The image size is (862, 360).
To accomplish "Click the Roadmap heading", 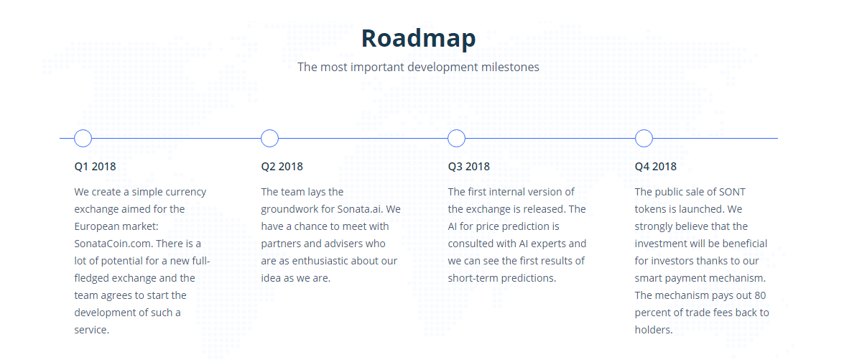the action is pyautogui.click(x=418, y=39).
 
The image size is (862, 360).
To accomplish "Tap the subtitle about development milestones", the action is pyautogui.click(x=418, y=67).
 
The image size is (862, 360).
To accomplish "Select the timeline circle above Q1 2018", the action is pyautogui.click(x=83, y=130).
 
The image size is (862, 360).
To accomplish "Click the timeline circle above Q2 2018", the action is pyautogui.click(x=269, y=130).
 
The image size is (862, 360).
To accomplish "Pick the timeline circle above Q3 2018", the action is pyautogui.click(x=456, y=130).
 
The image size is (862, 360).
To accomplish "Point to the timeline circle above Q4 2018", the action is pyautogui.click(x=644, y=130).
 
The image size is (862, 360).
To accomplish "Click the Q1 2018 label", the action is pyautogui.click(x=95, y=166).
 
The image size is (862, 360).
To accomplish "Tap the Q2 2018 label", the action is pyautogui.click(x=282, y=166).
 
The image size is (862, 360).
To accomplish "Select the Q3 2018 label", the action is pyautogui.click(x=468, y=166).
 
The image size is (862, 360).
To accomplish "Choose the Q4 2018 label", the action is pyautogui.click(x=656, y=166).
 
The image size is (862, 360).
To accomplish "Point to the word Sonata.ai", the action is pyautogui.click(x=360, y=209).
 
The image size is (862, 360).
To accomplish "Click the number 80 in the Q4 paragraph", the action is pyautogui.click(x=760, y=295).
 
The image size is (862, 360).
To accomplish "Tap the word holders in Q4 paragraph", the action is pyautogui.click(x=652, y=330).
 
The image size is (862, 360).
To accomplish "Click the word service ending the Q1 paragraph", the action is pyautogui.click(x=90, y=330).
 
